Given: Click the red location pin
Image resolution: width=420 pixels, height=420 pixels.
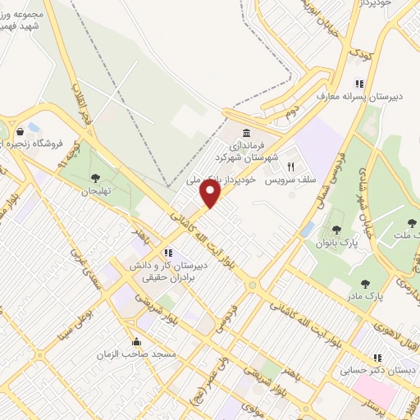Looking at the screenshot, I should pos(211,194).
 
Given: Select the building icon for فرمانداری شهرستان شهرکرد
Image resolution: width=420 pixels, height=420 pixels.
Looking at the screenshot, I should pos(245,135).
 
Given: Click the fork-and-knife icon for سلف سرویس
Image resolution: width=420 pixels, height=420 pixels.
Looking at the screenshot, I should pos(290,167).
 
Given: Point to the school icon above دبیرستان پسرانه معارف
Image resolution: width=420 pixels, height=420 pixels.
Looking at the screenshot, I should pos(358,83).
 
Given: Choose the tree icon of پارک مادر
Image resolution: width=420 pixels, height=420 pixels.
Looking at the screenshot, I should pos(364,284).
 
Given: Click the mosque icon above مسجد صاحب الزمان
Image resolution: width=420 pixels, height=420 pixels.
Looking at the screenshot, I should pos(136,341).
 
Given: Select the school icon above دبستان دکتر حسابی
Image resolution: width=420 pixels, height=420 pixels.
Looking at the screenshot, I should pos(377,358).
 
